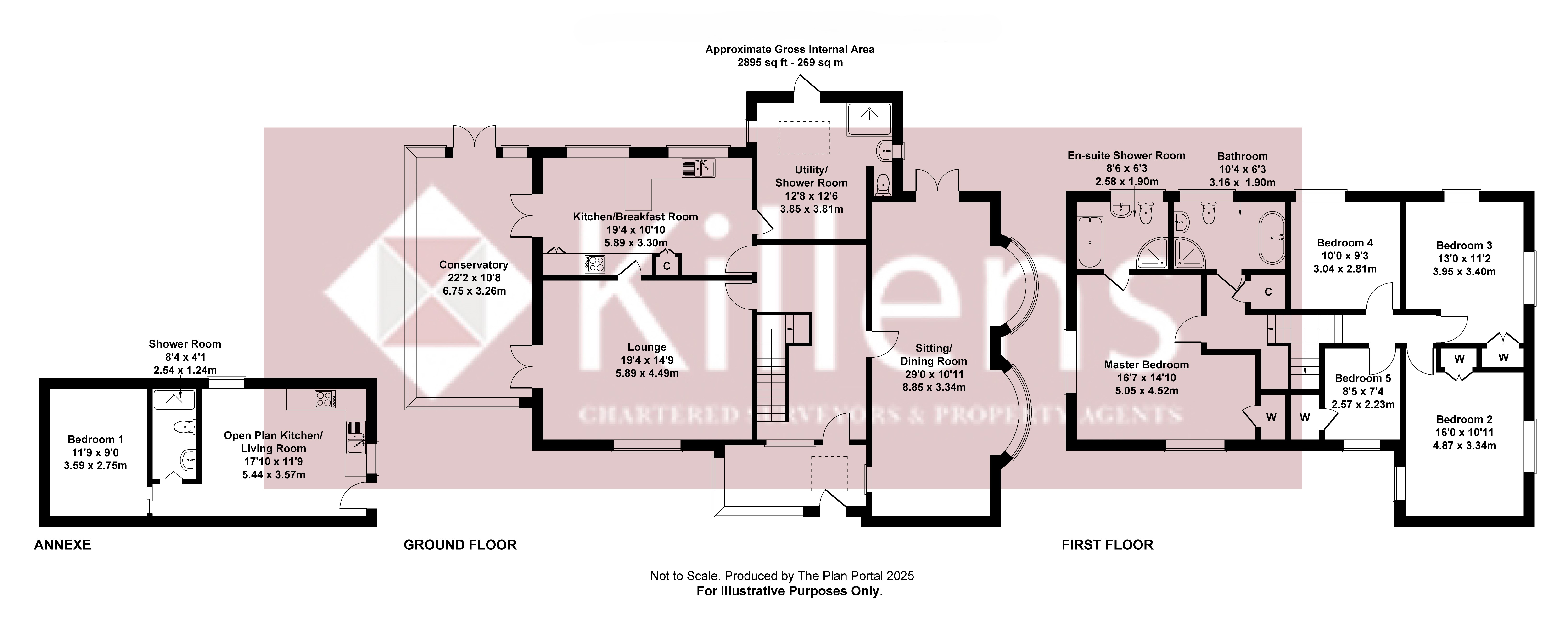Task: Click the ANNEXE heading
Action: coord(62,544)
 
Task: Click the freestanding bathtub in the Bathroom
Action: coord(1271,238)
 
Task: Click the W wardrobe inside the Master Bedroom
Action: coord(1271,417)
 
